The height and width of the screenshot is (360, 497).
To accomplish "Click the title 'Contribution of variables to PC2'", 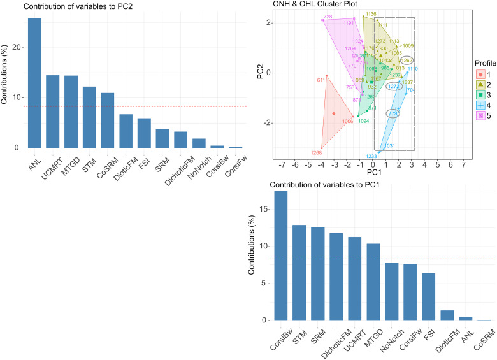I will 75,7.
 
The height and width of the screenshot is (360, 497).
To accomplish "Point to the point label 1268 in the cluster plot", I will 317,153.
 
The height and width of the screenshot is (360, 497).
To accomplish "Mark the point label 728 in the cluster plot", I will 328,17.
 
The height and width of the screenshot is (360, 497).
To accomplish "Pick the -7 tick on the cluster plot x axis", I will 282,164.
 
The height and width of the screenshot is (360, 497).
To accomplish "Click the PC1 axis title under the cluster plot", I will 374,173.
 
